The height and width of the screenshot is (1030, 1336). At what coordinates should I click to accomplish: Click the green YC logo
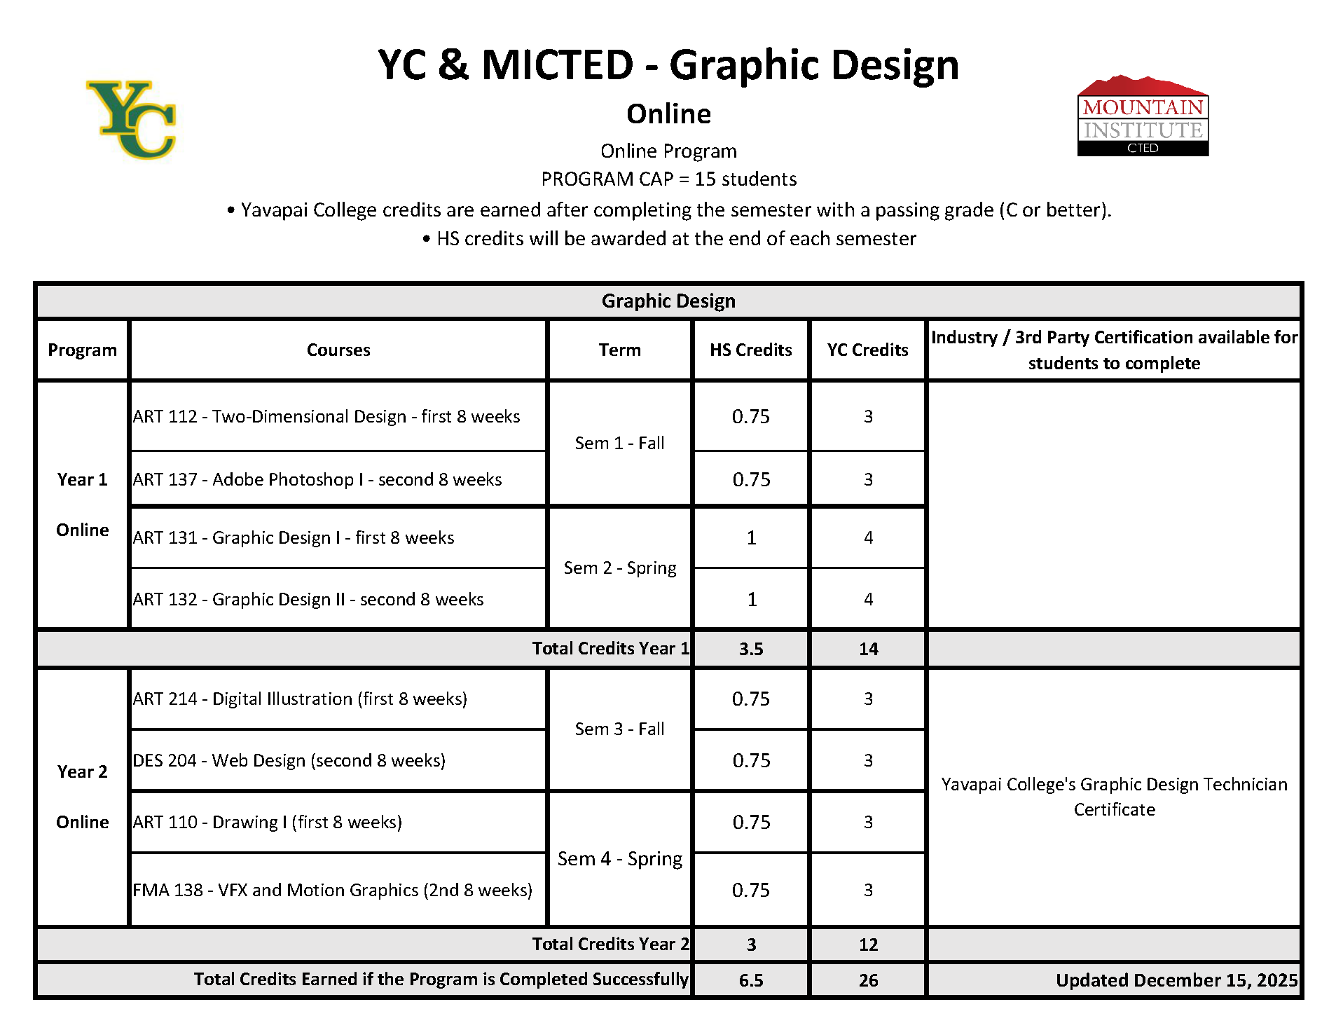[132, 119]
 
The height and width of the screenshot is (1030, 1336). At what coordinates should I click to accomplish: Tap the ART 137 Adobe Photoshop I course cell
[317, 479]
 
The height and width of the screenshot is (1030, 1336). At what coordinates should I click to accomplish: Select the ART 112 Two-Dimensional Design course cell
[326, 416]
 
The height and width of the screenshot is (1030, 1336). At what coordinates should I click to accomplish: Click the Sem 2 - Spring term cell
[620, 568]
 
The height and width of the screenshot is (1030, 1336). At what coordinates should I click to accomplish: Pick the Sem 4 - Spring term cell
[620, 858]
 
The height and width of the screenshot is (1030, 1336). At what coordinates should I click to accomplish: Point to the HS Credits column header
[750, 350]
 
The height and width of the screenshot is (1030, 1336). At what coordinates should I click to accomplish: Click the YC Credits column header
[867, 350]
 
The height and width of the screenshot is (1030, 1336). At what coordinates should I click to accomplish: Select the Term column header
[619, 350]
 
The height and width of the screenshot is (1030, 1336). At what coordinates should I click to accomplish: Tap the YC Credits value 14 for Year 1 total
[868, 649]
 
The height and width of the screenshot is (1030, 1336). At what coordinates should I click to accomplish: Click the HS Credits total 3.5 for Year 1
[750, 649]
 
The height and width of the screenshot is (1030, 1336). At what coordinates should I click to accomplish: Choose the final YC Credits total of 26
[868, 980]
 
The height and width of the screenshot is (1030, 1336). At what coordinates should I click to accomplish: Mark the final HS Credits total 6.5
[750, 980]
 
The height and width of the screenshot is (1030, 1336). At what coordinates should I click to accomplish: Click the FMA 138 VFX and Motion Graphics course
[332, 890]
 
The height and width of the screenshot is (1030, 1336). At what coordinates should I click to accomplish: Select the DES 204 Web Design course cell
[289, 760]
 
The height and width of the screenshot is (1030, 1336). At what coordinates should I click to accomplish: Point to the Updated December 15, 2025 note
[1176, 980]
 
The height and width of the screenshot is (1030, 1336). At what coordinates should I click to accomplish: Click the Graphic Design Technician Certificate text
[1114, 797]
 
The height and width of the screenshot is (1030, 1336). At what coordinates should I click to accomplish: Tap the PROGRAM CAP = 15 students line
[668, 179]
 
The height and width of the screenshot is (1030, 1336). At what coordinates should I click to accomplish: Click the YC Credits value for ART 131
[868, 537]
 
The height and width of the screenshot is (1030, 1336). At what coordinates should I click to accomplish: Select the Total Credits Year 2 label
[610, 944]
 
